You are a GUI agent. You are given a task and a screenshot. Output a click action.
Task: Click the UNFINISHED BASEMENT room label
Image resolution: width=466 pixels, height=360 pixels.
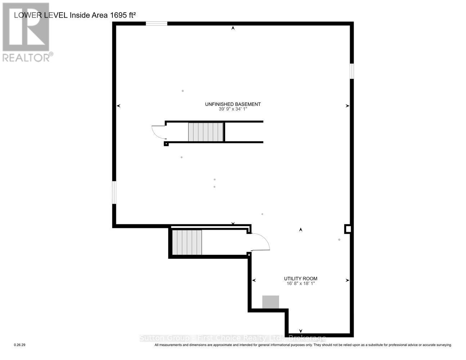point(233,104)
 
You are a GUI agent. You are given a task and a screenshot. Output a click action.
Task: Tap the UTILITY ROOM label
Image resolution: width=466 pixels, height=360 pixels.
point(300,279)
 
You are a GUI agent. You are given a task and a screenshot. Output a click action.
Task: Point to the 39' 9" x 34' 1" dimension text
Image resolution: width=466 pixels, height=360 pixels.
point(233,109)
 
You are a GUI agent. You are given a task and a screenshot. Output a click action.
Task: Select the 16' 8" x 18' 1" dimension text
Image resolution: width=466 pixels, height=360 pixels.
point(300,284)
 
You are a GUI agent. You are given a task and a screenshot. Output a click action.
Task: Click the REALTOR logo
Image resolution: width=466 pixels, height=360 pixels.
point(26,32)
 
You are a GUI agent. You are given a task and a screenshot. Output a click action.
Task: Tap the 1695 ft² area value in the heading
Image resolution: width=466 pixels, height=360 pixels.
point(122,15)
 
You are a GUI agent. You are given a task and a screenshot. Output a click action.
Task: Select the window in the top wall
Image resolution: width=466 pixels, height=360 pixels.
point(156,24)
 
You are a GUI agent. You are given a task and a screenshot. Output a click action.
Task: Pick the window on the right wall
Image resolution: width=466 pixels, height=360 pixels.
point(352,71)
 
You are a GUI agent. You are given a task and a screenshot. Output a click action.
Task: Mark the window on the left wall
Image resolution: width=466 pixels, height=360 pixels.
point(114,192)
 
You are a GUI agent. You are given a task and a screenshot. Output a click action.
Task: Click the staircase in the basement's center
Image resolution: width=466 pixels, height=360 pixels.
point(206,132)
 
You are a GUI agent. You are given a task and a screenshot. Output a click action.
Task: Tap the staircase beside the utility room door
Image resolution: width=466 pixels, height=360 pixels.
point(187,242)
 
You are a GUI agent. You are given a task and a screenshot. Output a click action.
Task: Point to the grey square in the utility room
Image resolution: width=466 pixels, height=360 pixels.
point(270,302)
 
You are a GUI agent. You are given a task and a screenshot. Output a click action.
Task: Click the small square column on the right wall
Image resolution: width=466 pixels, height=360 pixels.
point(348,229)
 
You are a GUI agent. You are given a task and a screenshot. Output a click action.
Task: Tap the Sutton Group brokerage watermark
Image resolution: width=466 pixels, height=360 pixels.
point(233,338)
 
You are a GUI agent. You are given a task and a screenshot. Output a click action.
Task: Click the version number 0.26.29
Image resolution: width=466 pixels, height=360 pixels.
point(20,345)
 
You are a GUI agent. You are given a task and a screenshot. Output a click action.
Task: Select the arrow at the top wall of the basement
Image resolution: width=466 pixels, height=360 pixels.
point(233,28)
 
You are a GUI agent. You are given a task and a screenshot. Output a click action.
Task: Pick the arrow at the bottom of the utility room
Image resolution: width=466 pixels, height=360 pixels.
point(301,331)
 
